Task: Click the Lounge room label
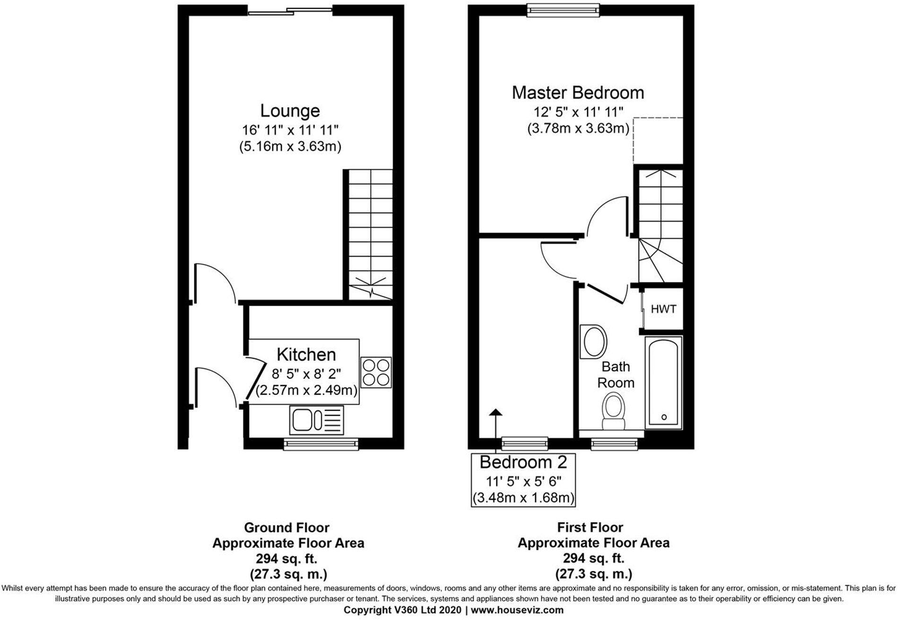point(290,111)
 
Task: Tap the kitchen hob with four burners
point(376,372)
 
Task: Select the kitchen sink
point(316,420)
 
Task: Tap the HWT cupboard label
point(663,309)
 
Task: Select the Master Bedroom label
point(578,93)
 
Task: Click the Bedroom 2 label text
point(523,462)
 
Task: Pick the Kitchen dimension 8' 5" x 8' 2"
point(306,374)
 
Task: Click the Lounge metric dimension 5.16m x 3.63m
point(290,146)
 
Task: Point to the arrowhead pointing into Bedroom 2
point(495,413)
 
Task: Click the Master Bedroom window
point(562,10)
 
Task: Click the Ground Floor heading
point(286,527)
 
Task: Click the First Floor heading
point(590,527)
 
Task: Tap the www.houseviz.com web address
point(517,610)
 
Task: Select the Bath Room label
point(615,374)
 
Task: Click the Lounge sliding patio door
point(290,10)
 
